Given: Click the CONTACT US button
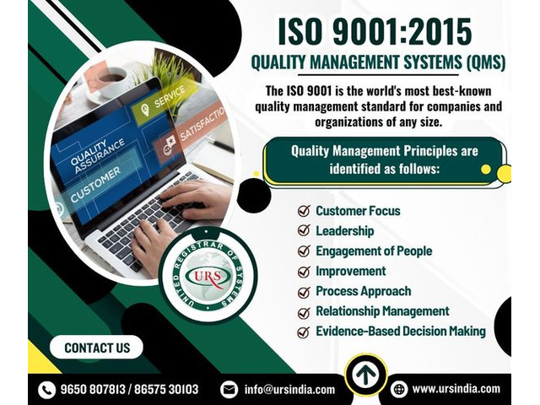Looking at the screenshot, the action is pos(96,347).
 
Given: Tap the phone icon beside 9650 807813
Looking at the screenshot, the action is pos(47,390).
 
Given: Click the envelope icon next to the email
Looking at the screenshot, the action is pos(229,390).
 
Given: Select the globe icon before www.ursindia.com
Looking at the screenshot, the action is pos(399,390).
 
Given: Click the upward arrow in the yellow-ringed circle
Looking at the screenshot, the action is pos(365,375).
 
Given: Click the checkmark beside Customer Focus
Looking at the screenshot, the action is pos(304,210).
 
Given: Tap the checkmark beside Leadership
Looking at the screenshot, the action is pos(304,230).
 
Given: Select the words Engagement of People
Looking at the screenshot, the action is pos(374,251).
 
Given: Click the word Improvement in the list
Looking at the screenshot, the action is pos(351,271).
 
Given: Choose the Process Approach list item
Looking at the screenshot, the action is pos(364,291).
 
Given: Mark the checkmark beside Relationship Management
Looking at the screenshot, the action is pos(304,313).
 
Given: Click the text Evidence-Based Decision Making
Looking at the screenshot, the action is pos(401,332).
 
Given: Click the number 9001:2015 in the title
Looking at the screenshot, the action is pos(402,31).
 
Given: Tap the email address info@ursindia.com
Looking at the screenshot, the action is pos(289,390).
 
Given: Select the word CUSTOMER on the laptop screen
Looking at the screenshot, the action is pos(95,185).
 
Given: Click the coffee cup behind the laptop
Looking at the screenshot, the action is pos(112,83).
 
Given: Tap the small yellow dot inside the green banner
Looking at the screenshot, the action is pos(486,169).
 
